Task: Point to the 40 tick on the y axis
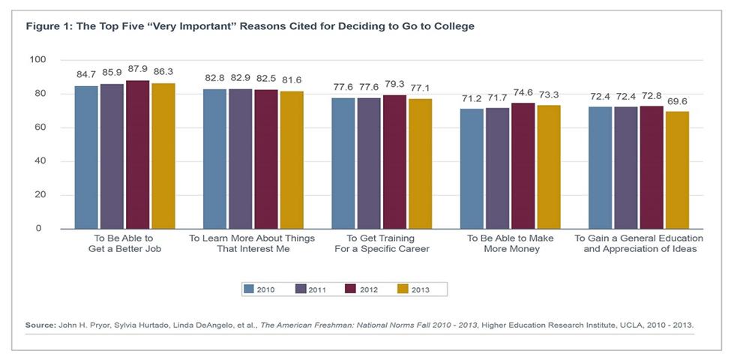40,161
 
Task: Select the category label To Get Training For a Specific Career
382,243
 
